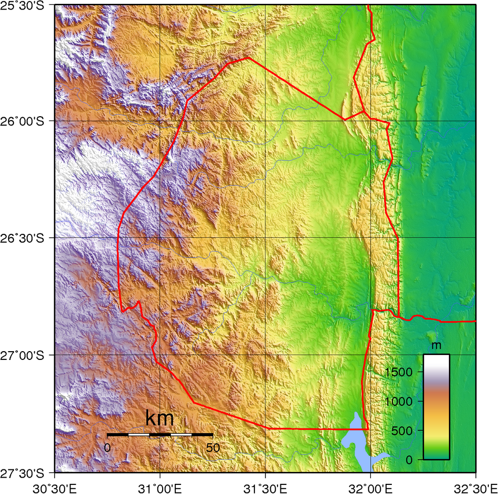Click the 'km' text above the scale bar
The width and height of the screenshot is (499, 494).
(159, 419)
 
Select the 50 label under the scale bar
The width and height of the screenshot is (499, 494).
(212, 448)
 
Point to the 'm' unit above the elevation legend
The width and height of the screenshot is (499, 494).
(436, 345)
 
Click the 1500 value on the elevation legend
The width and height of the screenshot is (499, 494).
(399, 372)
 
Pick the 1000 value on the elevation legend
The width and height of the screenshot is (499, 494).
(399, 401)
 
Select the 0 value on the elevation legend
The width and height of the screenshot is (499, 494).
(409, 460)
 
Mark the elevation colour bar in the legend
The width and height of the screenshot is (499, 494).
(436, 407)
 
